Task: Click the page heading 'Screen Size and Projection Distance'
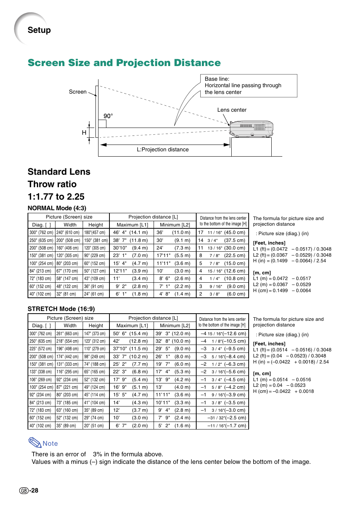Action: click(x=124, y=63)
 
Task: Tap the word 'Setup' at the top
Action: click(x=39, y=30)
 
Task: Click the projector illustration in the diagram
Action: click(x=251, y=129)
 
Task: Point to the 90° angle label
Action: click(x=108, y=116)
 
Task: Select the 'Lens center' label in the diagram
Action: click(x=232, y=110)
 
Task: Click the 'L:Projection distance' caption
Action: click(x=163, y=149)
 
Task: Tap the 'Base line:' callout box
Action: click(x=248, y=86)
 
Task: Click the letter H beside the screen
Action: click(x=84, y=132)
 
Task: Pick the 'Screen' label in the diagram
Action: click(x=78, y=92)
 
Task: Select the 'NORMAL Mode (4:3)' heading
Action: click(x=57, y=208)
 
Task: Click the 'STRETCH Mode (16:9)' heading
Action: click(x=61, y=309)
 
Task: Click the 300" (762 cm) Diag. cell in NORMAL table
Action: click(x=42, y=232)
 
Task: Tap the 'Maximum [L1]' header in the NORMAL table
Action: click(x=132, y=225)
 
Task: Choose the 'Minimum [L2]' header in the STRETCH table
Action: click(x=175, y=325)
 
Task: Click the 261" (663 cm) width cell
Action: click(x=69, y=334)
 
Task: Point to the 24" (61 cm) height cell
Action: click(x=95, y=294)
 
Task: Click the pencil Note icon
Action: click(x=35, y=442)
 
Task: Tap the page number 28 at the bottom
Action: click(x=34, y=490)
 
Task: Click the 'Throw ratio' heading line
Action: click(x=52, y=184)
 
